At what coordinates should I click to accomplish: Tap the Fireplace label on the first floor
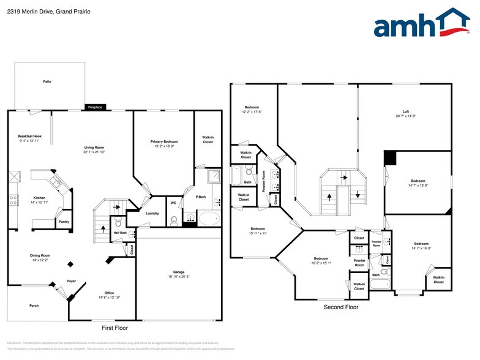(x=95, y=107)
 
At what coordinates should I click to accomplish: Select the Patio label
(x=47, y=81)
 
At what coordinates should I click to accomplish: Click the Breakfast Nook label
(x=29, y=135)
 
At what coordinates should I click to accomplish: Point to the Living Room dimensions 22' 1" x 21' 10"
(x=94, y=151)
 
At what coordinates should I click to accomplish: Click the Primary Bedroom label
(x=164, y=141)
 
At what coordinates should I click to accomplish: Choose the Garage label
(x=179, y=272)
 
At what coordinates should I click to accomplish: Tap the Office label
(x=109, y=293)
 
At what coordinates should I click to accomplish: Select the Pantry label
(x=64, y=221)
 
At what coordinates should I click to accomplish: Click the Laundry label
(x=152, y=213)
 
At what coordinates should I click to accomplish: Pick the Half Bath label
(x=119, y=233)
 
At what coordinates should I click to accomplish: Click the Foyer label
(x=72, y=281)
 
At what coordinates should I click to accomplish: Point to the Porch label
(x=34, y=306)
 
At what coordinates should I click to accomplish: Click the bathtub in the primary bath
(x=209, y=218)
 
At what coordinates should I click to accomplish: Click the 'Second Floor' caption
(x=341, y=307)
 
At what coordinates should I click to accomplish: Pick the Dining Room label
(x=40, y=255)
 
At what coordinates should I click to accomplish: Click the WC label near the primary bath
(x=173, y=203)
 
